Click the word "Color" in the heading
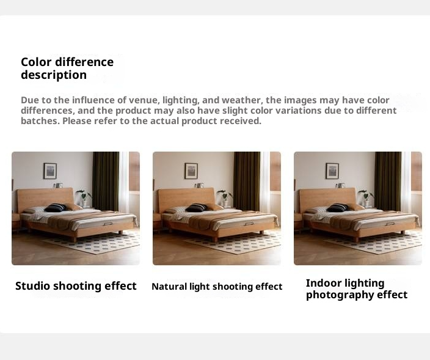point(36,62)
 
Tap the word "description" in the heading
point(54,75)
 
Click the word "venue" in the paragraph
point(144,100)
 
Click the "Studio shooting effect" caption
point(76,286)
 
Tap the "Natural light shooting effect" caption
point(217,287)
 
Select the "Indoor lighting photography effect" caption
point(357,289)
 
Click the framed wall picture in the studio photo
point(50,171)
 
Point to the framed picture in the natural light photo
point(191,171)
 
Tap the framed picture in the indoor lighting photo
point(332,171)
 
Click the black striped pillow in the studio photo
point(56,208)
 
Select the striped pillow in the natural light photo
point(197,208)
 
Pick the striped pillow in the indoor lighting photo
point(338,208)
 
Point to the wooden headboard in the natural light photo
point(186,197)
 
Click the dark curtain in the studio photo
point(106,181)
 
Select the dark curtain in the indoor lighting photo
point(388,181)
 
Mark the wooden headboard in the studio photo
point(45,197)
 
